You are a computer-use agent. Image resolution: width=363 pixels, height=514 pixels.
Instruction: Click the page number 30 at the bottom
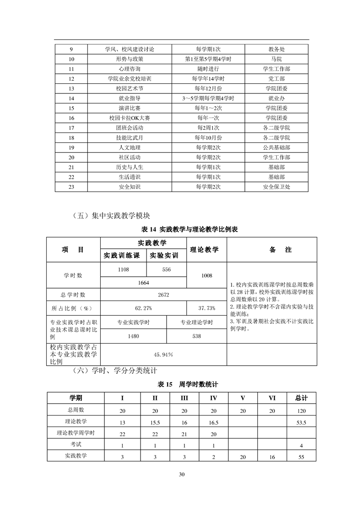tap(182, 475)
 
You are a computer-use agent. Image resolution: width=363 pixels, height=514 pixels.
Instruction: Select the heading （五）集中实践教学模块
tap(112, 215)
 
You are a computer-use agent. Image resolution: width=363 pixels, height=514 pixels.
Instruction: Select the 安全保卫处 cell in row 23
tap(276, 186)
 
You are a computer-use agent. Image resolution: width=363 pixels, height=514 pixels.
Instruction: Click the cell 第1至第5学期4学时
tap(208, 59)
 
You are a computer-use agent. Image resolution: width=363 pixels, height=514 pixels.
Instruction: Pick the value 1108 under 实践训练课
tap(123, 270)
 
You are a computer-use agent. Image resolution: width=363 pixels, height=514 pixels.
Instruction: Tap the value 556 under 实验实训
tap(166, 270)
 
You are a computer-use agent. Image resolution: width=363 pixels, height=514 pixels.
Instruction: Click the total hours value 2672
tap(163, 295)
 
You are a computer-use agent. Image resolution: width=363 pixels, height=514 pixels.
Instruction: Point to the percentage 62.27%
tap(143, 308)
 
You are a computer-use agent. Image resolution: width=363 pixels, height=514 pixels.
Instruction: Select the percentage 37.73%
tap(206, 308)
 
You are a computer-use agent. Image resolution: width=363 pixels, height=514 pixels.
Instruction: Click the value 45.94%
tap(163, 355)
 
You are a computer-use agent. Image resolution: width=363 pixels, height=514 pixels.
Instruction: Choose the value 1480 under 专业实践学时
tap(133, 336)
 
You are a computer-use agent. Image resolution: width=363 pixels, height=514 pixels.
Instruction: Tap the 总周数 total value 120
tap(301, 410)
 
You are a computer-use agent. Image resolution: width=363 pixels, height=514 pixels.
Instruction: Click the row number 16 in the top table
tap(71, 118)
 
